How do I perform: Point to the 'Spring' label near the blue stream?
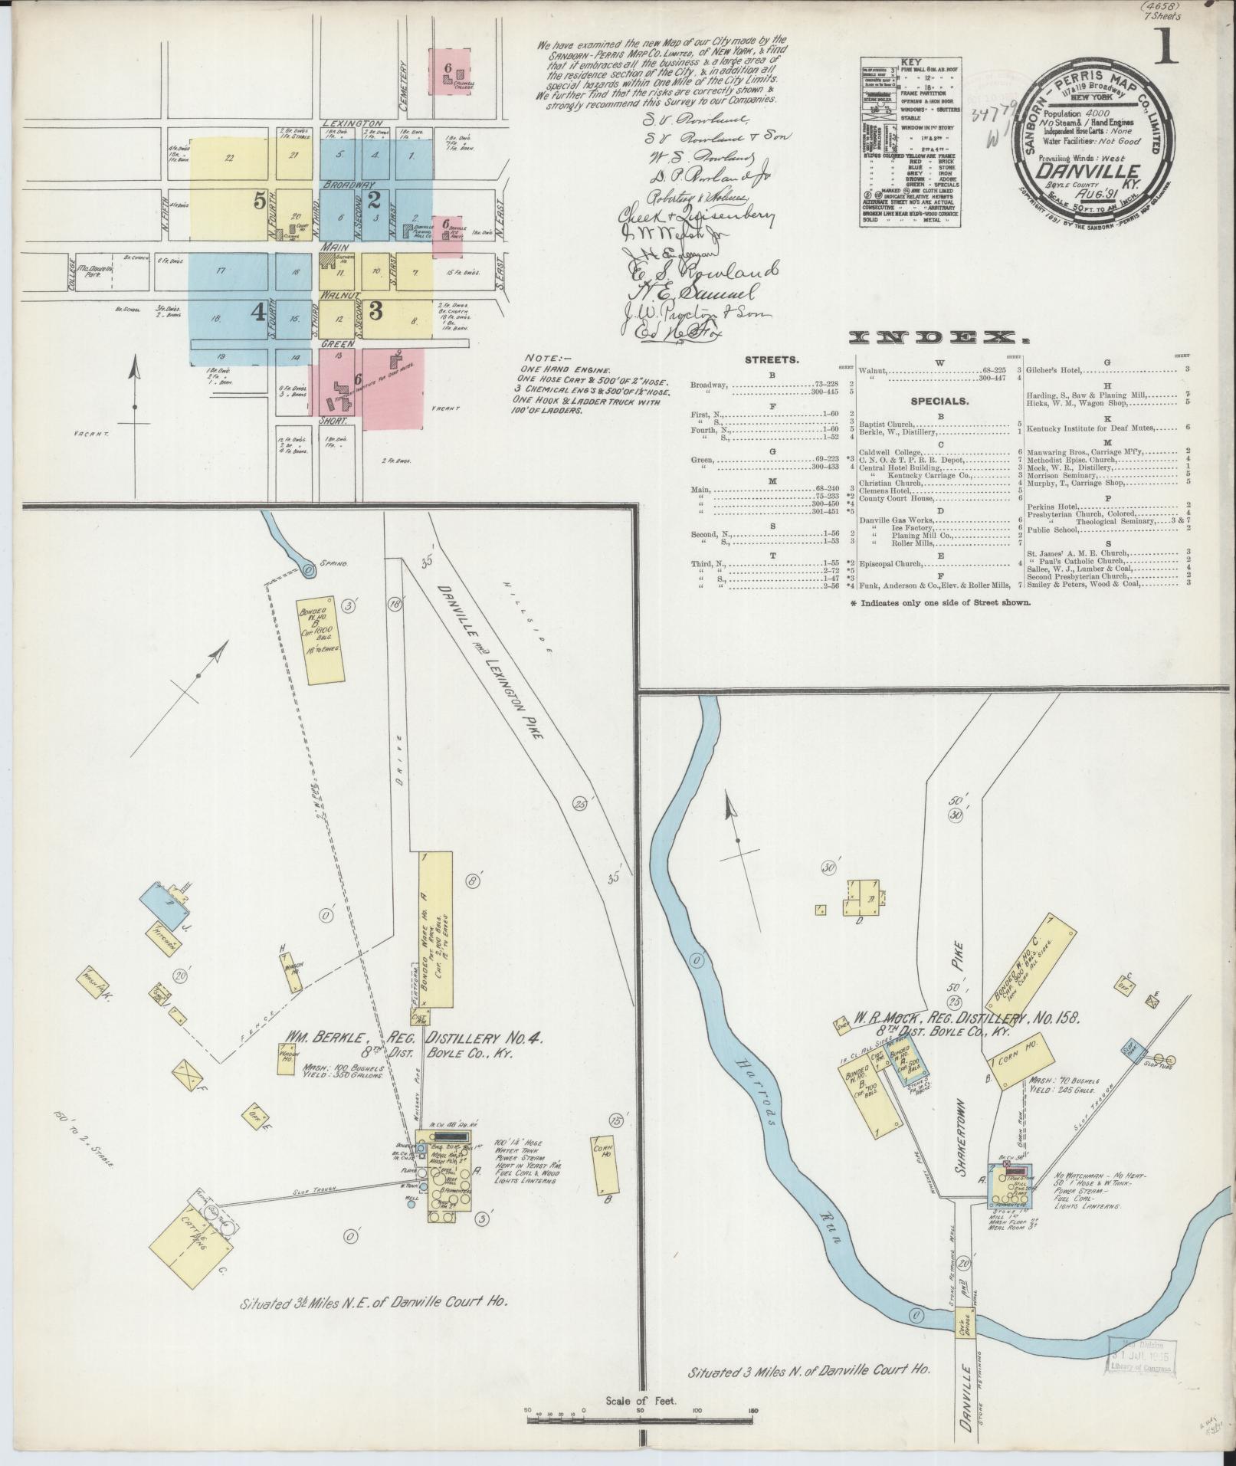tap(335, 563)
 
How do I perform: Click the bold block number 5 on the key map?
tap(260, 201)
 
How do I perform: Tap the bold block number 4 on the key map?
tap(259, 311)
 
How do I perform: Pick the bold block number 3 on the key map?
tap(375, 310)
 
